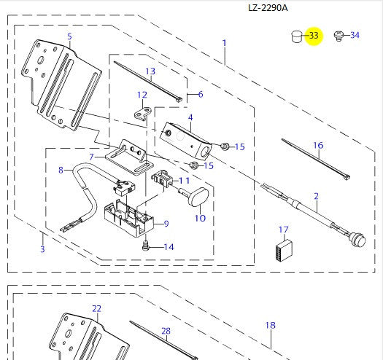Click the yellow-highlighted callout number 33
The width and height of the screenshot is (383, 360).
click(x=314, y=36)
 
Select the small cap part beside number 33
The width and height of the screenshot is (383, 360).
click(x=297, y=36)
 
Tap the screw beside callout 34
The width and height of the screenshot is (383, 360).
click(x=338, y=36)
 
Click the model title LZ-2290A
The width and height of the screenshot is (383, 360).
click(x=268, y=8)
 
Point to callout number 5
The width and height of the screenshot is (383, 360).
click(x=69, y=36)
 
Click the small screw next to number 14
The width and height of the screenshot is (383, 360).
click(x=145, y=245)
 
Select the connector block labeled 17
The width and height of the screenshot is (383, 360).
click(x=284, y=250)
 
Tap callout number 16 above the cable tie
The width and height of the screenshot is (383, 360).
click(x=318, y=146)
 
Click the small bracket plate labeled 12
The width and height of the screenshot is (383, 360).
click(x=143, y=113)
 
